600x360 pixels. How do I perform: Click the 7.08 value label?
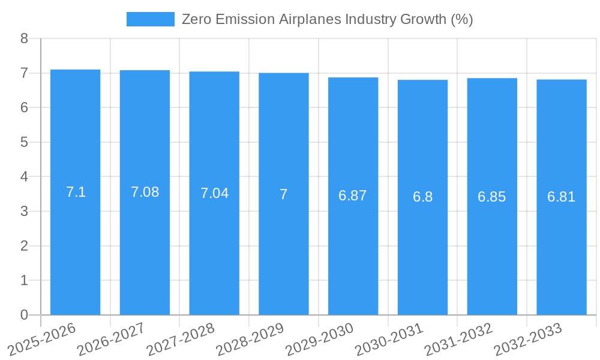tap(145, 192)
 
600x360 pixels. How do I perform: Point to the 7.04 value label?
tap(214, 193)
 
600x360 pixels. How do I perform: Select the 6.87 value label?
tap(353, 196)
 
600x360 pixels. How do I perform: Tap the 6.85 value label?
tap(492, 197)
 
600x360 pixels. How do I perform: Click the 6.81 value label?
tap(562, 197)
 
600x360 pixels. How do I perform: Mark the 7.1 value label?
tap(76, 192)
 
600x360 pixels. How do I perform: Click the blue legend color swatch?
tap(150, 19)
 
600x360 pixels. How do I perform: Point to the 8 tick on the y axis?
tap(24, 38)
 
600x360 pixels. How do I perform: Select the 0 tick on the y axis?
tap(24, 315)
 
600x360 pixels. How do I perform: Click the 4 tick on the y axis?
tap(24, 177)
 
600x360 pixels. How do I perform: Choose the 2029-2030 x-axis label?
tap(319, 340)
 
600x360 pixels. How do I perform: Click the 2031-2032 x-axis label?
tap(458, 340)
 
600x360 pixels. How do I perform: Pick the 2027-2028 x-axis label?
tap(180, 340)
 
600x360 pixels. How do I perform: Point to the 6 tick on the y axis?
tap(24, 107)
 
